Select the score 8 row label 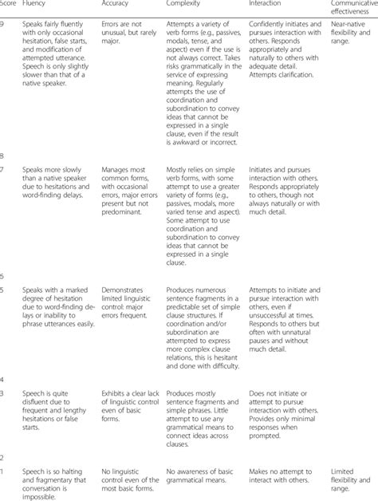[x=4, y=156]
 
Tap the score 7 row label [x=4, y=171]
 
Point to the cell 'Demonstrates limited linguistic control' [x=128, y=290]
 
